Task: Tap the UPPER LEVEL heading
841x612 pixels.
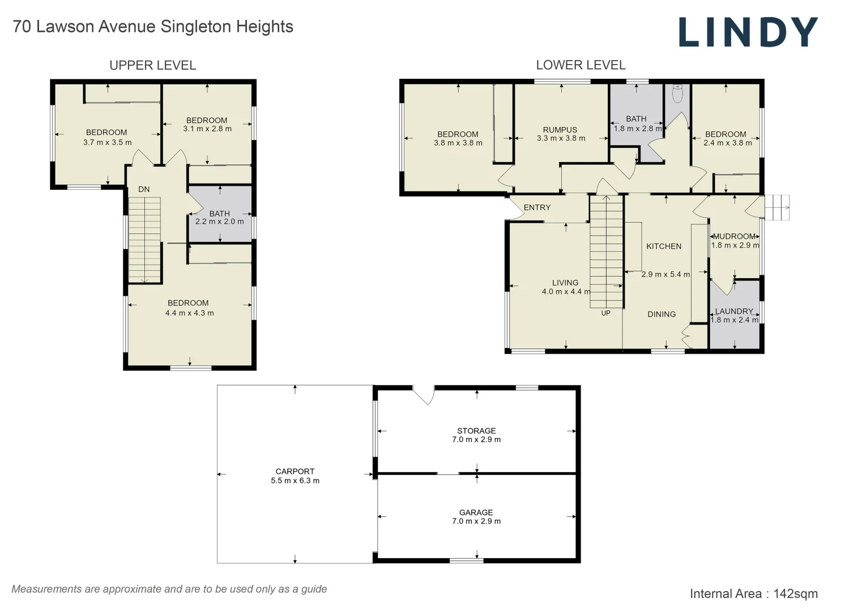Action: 152,65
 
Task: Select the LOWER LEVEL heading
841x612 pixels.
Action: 580,65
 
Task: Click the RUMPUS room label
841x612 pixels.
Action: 560,130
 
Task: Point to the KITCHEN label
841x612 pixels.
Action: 663,246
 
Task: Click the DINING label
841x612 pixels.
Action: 661,314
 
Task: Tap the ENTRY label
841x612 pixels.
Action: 537,207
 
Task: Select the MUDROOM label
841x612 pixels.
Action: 734,236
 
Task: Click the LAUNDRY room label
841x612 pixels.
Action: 734,311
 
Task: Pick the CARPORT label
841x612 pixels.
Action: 294,471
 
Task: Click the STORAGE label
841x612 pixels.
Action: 476,431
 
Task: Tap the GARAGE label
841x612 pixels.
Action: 476,512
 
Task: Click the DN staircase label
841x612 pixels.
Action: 144,189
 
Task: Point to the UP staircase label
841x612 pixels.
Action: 605,313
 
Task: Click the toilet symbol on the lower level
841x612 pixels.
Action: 677,93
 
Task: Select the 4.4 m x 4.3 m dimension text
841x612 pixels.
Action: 189,313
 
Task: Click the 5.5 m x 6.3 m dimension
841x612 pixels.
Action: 294,481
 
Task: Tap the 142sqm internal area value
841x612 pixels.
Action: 795,593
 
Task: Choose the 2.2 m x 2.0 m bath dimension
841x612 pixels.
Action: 219,222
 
